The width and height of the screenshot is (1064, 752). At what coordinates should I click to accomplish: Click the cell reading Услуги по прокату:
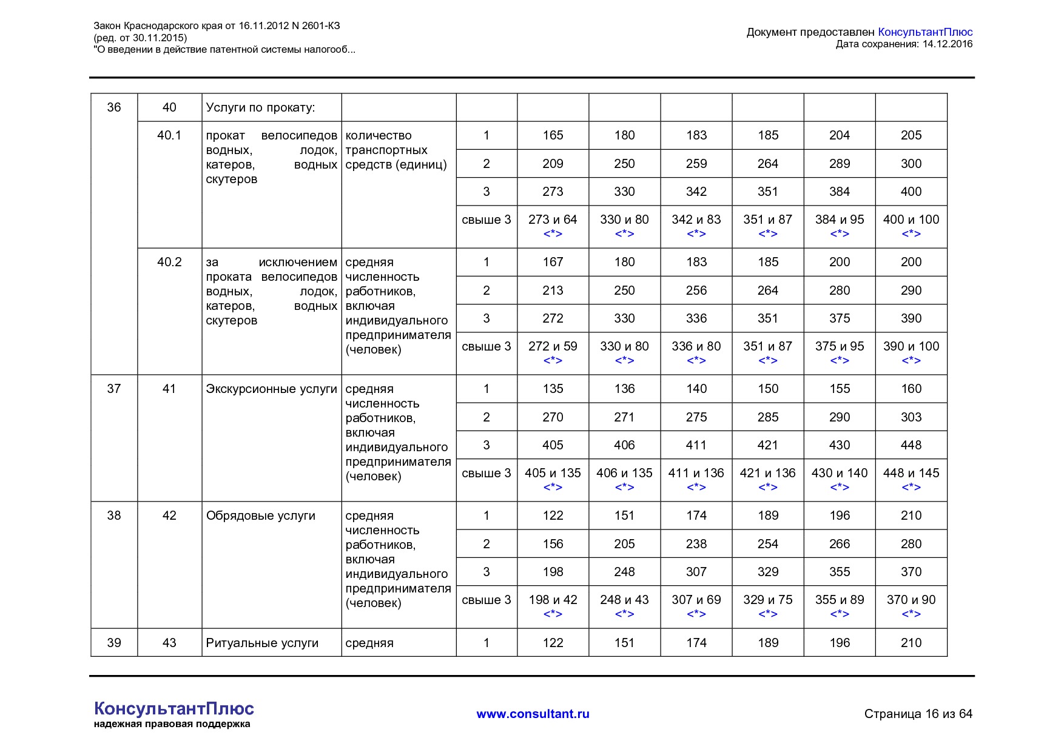(260, 108)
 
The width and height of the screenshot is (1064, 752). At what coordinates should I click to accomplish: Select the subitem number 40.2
(169, 262)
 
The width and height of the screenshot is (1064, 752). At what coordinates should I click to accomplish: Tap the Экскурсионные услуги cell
(271, 389)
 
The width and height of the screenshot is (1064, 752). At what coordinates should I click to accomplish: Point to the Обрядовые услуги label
(260, 515)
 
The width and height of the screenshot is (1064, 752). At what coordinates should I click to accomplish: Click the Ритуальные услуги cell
(262, 643)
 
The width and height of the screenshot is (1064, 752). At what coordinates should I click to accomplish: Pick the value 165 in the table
(553, 135)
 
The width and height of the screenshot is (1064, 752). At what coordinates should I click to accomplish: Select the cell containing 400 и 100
(911, 220)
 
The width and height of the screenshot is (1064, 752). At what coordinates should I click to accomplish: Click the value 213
(553, 290)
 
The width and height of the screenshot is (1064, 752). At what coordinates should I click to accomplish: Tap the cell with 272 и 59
(553, 346)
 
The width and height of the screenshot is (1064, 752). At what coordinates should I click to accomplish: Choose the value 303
(911, 417)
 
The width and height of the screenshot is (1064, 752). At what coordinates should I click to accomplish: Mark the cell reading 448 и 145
(911, 473)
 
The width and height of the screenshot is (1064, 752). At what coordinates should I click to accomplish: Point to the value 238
(696, 544)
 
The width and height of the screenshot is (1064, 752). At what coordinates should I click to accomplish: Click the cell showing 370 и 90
(911, 600)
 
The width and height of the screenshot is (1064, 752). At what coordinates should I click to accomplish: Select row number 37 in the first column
(114, 389)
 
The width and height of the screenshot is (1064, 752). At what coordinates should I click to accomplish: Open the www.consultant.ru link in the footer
(533, 714)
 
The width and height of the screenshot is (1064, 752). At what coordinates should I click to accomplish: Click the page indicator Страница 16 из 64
(918, 714)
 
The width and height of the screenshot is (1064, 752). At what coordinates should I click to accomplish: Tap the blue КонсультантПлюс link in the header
(924, 32)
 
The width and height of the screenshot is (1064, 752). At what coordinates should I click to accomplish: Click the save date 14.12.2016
(947, 44)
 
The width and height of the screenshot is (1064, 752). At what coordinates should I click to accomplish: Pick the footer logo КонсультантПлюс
(173, 709)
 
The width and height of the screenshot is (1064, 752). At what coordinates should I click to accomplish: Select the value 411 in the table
(696, 445)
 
